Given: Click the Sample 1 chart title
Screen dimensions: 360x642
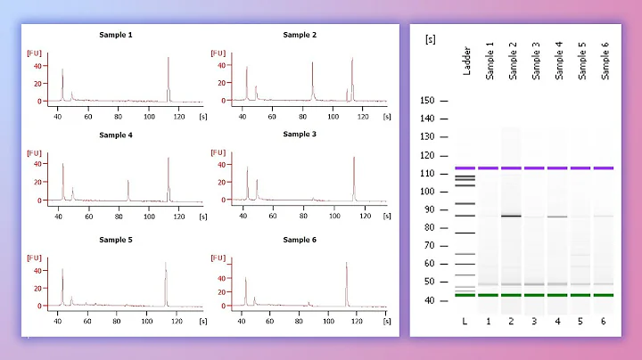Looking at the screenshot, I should (116, 35).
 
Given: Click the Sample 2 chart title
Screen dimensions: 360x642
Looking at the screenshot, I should (300, 35).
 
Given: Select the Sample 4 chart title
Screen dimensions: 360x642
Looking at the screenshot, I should (116, 135).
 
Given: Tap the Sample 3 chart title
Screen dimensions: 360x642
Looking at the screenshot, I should (300, 135).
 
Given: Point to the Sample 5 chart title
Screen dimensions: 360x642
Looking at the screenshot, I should (116, 240).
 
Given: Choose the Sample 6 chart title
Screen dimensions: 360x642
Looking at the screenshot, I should (300, 240).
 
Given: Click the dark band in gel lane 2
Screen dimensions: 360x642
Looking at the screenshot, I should (511, 216).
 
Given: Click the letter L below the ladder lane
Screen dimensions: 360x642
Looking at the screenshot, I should (465, 321).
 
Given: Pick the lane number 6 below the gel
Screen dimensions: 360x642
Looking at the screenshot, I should (604, 321).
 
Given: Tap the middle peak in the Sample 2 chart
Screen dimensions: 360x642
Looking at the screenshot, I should (312, 80).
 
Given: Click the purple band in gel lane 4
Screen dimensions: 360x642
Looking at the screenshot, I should (557, 168).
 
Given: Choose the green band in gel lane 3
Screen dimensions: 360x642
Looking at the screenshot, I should (534, 295).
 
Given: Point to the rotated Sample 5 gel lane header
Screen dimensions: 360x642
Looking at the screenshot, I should (581, 61).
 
